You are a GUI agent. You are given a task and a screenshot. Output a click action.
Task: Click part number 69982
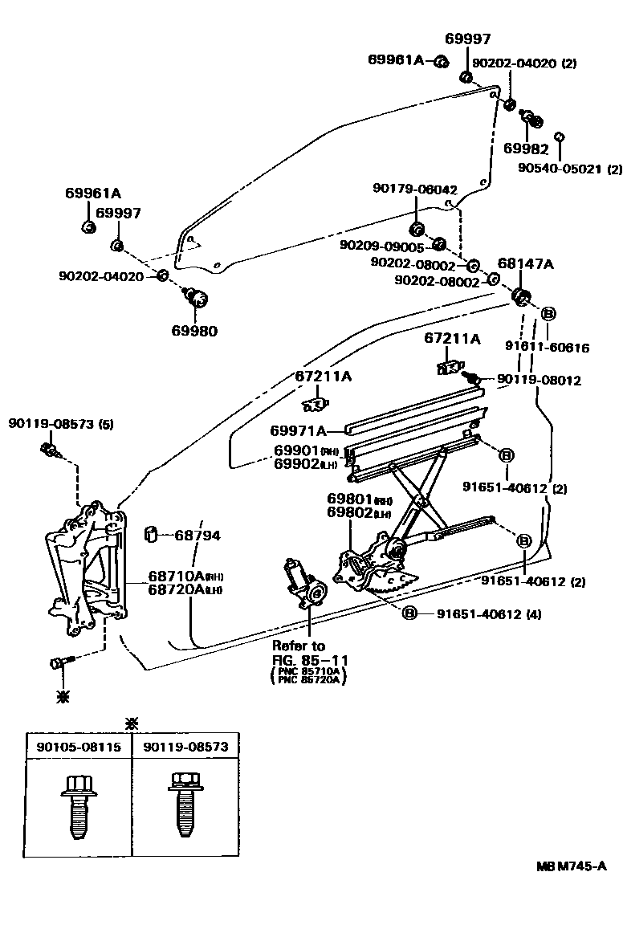click(x=526, y=149)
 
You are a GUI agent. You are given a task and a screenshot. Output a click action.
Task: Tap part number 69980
click(x=193, y=330)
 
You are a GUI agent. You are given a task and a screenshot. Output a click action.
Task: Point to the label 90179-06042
click(x=414, y=189)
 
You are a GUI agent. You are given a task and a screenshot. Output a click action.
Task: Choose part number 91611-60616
click(x=548, y=348)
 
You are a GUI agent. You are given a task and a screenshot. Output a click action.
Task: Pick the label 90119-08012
click(x=538, y=380)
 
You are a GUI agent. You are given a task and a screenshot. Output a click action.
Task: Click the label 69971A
click(x=298, y=430)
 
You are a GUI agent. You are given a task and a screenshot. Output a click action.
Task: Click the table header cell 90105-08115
click(x=79, y=747)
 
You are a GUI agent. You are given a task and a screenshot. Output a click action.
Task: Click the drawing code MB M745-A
click(x=571, y=867)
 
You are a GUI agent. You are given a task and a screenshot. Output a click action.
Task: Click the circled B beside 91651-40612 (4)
click(x=409, y=613)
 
